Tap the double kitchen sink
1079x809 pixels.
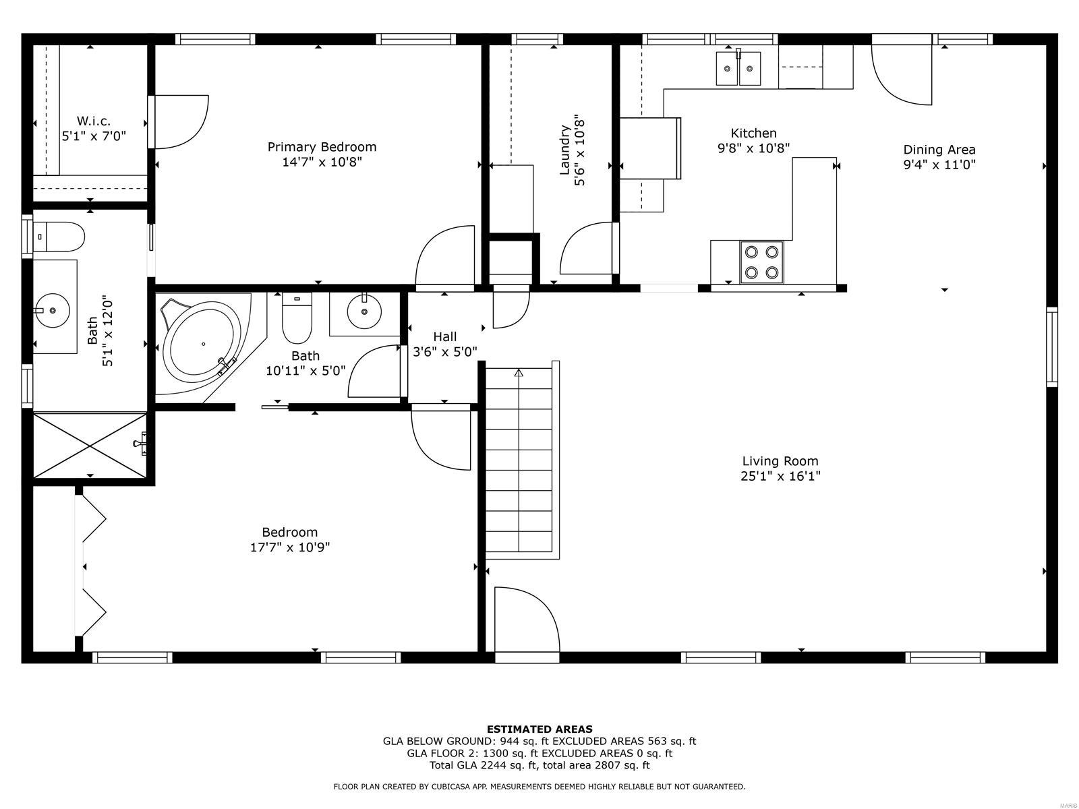(738, 69)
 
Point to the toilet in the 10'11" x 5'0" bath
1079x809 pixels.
(297, 320)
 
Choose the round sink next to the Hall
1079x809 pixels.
(364, 312)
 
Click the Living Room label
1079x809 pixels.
(780, 462)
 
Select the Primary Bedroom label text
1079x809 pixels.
(322, 147)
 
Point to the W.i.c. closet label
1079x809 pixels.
(93, 121)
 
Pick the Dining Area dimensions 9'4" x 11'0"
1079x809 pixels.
(939, 164)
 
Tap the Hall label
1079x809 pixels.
(444, 336)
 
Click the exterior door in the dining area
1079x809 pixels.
(902, 71)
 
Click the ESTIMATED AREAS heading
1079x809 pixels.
(539, 729)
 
